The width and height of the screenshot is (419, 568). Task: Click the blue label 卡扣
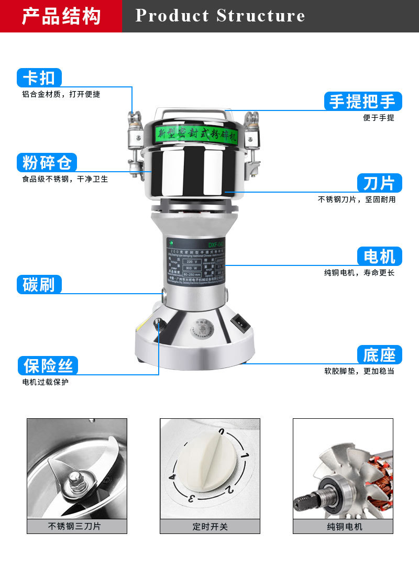click(39, 78)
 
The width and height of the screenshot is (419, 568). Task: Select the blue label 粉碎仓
click(47, 163)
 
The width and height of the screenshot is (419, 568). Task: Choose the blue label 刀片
click(379, 183)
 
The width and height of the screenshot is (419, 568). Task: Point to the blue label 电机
click(379, 257)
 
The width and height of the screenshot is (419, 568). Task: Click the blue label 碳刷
click(39, 284)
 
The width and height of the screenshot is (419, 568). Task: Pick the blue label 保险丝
click(48, 365)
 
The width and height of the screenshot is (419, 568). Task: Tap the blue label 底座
click(379, 355)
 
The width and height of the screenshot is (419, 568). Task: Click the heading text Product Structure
click(220, 16)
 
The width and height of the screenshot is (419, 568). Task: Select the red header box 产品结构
click(61, 16)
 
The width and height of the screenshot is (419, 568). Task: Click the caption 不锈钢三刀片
click(76, 526)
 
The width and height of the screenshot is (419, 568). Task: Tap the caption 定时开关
click(210, 526)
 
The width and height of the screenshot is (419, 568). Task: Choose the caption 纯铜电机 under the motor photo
click(343, 526)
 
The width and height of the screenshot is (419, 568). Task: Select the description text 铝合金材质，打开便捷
click(61, 95)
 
